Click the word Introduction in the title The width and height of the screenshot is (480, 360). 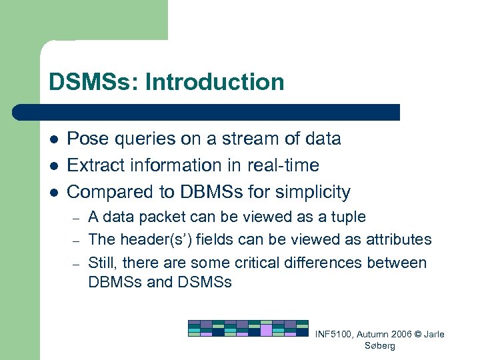tap(214, 83)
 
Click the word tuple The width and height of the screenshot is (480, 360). tap(348, 217)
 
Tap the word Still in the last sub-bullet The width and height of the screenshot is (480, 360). tap(101, 263)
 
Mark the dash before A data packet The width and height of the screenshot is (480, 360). tap(76, 217)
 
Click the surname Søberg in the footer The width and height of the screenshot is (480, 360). tap(380, 346)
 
